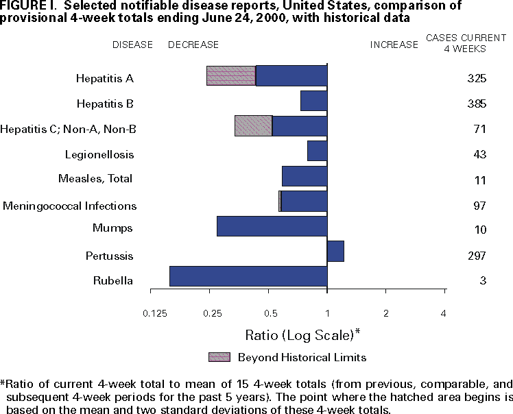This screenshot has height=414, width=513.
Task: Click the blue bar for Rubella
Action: pyautogui.click(x=248, y=276)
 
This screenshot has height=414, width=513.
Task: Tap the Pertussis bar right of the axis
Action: pyautogui.click(x=335, y=252)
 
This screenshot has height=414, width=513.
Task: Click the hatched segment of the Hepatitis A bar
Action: pyautogui.click(x=231, y=76)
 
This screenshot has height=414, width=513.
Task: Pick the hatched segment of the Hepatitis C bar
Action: pyautogui.click(x=253, y=125)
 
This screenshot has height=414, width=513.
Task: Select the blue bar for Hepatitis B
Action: pyautogui.click(x=313, y=101)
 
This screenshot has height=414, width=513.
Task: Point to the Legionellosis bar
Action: pyautogui.click(x=317, y=151)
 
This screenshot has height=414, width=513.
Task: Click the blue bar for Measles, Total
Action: pyautogui.click(x=305, y=176)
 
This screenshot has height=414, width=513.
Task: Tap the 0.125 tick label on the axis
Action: pyautogui.click(x=155, y=314)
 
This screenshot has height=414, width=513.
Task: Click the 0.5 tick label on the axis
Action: pyautogui.click(x=270, y=314)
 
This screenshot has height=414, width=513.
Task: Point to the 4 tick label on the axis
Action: pyautogui.click(x=444, y=314)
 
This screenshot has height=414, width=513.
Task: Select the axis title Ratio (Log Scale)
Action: pyautogui.click(x=302, y=335)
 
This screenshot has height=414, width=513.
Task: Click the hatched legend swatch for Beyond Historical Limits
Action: pyautogui.click(x=219, y=357)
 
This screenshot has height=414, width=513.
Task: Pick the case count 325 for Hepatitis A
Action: pyautogui.click(x=477, y=78)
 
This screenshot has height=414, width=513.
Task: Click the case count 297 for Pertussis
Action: pyautogui.click(x=477, y=256)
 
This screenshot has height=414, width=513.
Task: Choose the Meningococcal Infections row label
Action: pyautogui.click(x=70, y=206)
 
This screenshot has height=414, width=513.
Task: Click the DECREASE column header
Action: pyautogui.click(x=193, y=45)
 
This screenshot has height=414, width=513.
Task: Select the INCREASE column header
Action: pyautogui.click(x=394, y=45)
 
